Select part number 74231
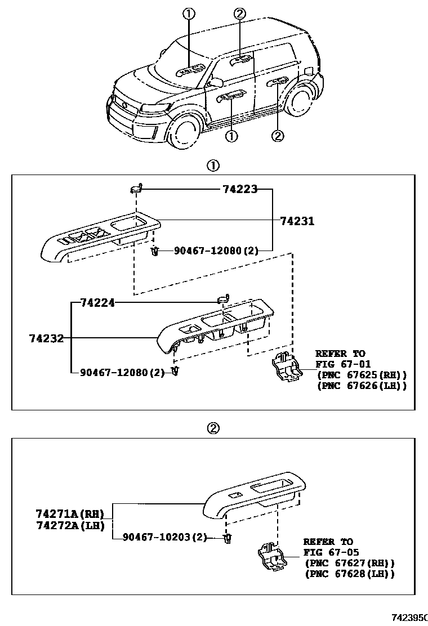coord(297,221)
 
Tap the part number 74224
coord(97,303)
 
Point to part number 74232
coord(46,338)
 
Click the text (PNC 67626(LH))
coord(362,386)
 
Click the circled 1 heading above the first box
coord(213,166)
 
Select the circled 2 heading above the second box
coord(213,428)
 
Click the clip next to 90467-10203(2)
coord(227,539)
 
